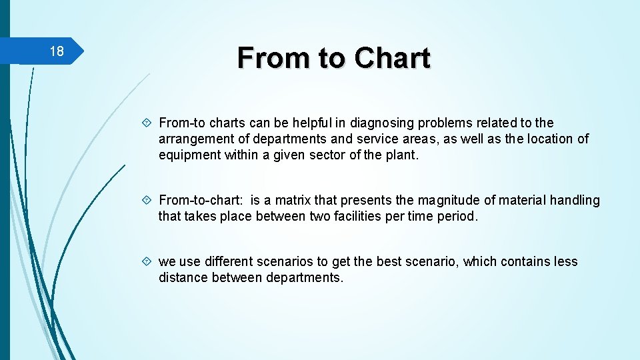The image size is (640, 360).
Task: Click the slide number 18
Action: click(57, 52)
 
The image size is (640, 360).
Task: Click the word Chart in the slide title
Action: click(393, 58)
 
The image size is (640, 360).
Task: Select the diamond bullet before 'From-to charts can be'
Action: click(147, 123)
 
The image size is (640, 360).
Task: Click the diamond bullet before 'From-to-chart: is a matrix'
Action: click(147, 200)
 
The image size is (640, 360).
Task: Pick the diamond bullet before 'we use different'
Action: click(147, 261)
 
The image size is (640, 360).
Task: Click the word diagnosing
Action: click(372, 123)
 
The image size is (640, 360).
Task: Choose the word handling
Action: click(575, 200)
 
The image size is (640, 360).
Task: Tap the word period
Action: click(459, 216)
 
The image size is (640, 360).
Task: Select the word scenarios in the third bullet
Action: click(289, 261)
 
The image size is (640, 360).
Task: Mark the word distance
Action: click(183, 277)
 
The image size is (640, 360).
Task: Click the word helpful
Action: click(312, 123)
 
